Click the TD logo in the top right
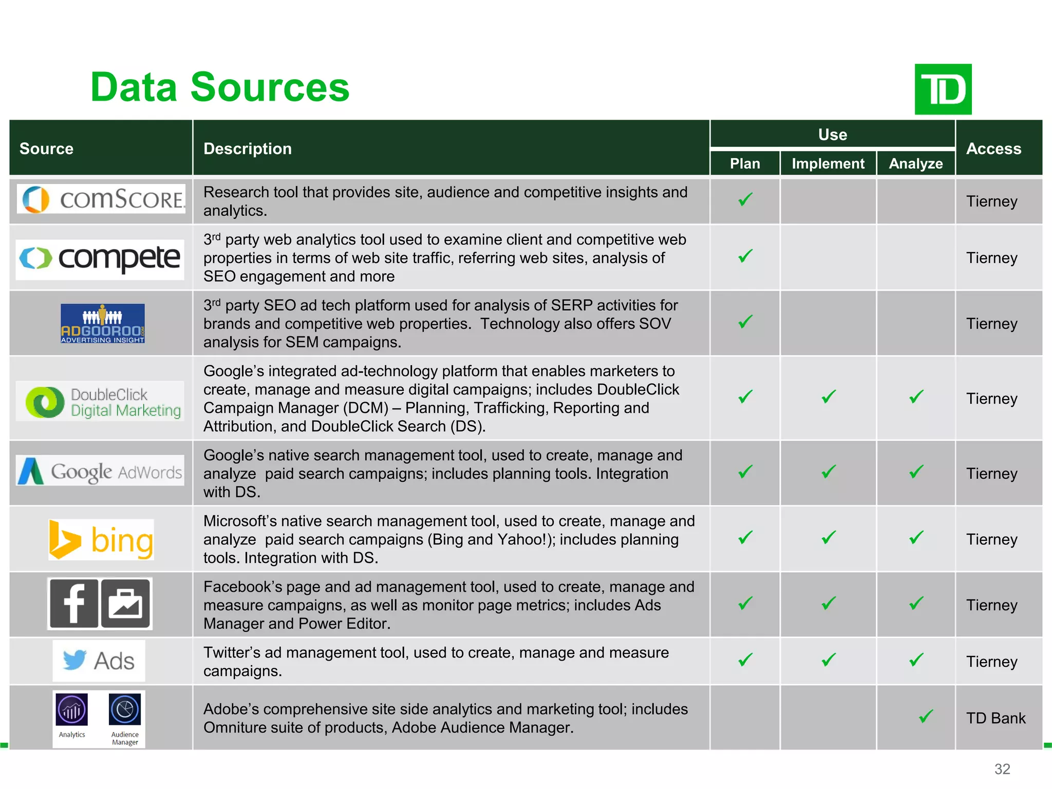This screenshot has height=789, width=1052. point(943,89)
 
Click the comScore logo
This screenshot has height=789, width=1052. point(101,199)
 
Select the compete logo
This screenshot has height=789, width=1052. point(100,258)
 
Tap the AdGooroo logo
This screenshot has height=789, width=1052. point(103,324)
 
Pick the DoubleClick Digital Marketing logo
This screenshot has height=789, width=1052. point(100,402)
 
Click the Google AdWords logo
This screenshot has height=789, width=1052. point(100,471)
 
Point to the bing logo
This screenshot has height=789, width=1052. point(101,540)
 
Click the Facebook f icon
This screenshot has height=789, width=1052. point(74,604)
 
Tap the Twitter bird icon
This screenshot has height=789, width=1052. point(74,660)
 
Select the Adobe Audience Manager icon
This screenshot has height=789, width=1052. point(125,710)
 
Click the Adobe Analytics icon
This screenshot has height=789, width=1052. point(72,710)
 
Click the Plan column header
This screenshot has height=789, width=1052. point(745,163)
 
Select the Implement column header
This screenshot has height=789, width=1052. point(828,163)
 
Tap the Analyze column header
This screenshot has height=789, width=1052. point(915,163)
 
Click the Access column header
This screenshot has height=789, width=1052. point(993,148)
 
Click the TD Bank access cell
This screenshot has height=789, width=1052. point(995,718)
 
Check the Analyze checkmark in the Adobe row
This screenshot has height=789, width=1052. point(926,716)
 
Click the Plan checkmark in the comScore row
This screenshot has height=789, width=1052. point(745,199)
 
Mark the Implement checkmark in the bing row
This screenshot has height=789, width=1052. point(829,537)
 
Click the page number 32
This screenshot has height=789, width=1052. point(1002,769)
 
